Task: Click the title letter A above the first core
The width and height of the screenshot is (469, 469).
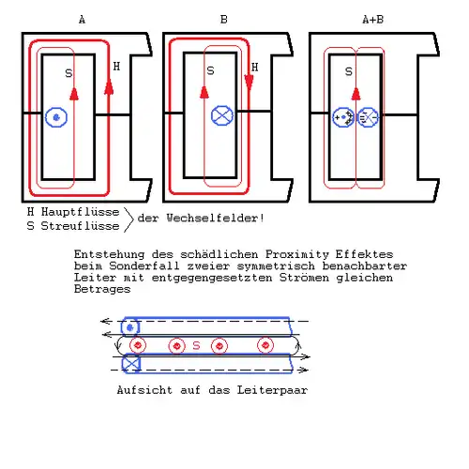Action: tap(82, 20)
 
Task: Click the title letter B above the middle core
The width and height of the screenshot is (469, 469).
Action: tap(224, 20)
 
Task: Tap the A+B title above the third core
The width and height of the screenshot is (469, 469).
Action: tap(373, 20)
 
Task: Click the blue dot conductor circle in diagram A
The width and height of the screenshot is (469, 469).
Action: tap(56, 117)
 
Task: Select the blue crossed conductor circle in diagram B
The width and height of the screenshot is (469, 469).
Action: tap(222, 115)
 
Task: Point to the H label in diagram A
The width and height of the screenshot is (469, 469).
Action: tap(116, 67)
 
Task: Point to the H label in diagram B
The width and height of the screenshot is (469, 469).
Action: tap(255, 68)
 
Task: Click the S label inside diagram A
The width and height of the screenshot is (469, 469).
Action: tap(68, 73)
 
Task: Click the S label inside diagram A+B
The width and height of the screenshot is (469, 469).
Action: tap(349, 72)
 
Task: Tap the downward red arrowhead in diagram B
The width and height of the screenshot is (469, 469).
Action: tap(250, 83)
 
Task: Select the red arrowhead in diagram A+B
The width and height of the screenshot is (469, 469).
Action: tap(356, 94)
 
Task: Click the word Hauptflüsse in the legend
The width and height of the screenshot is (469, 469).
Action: tap(81, 212)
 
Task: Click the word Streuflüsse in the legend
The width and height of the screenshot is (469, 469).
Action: tap(81, 226)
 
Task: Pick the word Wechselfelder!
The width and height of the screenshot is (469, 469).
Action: tap(216, 218)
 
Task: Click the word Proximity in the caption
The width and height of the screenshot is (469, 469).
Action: tap(297, 254)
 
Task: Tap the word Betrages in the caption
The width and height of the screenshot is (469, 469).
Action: tap(102, 289)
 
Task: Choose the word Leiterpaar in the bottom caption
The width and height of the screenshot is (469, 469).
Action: tap(272, 390)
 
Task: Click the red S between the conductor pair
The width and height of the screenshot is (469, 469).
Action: tap(196, 345)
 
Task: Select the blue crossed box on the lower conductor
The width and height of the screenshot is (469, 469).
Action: tap(131, 364)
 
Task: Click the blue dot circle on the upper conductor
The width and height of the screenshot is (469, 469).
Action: tap(130, 327)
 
